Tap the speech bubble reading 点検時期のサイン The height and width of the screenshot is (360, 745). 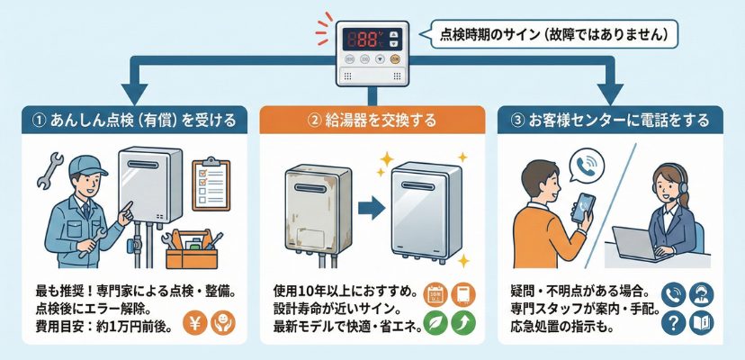coord(553,34)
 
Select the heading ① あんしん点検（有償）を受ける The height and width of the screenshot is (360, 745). coord(135,121)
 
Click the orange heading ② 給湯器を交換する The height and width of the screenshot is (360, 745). coord(372,121)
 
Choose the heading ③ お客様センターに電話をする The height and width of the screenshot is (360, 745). coord(610,121)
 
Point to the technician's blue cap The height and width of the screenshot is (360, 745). coord(85,166)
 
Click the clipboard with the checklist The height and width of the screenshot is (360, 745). coord(211,184)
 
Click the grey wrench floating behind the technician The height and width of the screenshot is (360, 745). coord(49,170)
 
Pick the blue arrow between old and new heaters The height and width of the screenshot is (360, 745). coord(371,207)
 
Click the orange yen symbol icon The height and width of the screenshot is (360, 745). coord(195,322)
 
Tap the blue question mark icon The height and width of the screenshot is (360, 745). coord(674,322)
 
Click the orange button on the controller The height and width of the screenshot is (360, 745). coord(395,59)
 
